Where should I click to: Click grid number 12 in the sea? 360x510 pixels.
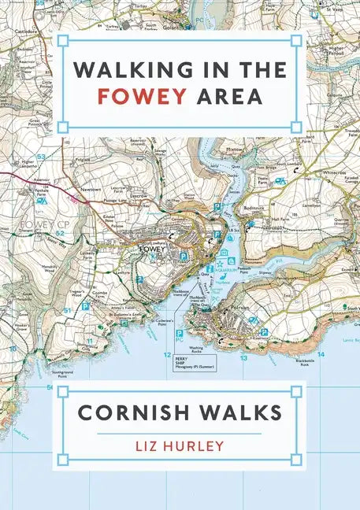point(166,355)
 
